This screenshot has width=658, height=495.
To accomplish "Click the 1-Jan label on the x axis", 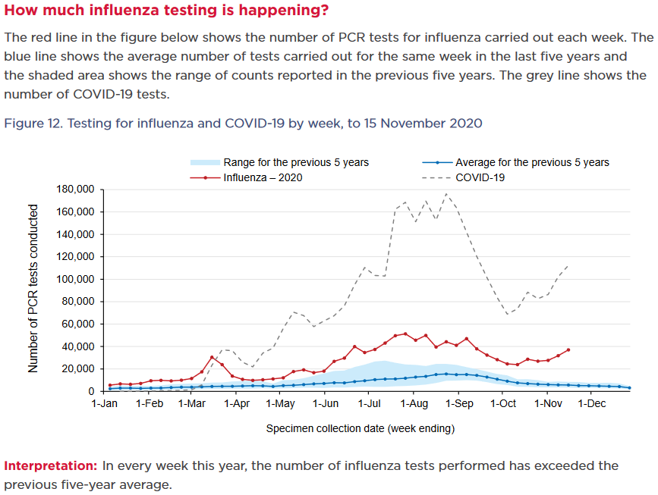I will pos(105,403).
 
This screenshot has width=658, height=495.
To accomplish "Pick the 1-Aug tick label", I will pos(414,403).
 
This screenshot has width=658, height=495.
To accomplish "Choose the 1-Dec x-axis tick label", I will pos(591,403).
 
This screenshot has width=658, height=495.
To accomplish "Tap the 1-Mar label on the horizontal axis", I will pos(193,403).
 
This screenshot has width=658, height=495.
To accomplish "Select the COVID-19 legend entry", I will pos(480,177).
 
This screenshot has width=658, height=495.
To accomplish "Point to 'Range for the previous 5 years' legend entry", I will pos(296,162).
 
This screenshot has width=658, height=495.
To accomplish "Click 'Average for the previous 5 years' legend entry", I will pos(531,162).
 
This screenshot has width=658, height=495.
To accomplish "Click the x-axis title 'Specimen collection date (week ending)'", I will pos(360,428).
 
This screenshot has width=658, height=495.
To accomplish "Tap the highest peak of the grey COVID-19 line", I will pos(446,194).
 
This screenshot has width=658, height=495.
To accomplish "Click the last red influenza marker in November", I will pos(568,349).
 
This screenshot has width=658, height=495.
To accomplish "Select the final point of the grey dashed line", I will pos(568,265).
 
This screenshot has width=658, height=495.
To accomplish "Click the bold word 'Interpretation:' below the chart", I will pos(51,465).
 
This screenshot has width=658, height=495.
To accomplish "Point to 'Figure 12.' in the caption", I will pos(33,123).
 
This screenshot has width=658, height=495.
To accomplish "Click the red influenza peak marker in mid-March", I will pos(213,357).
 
